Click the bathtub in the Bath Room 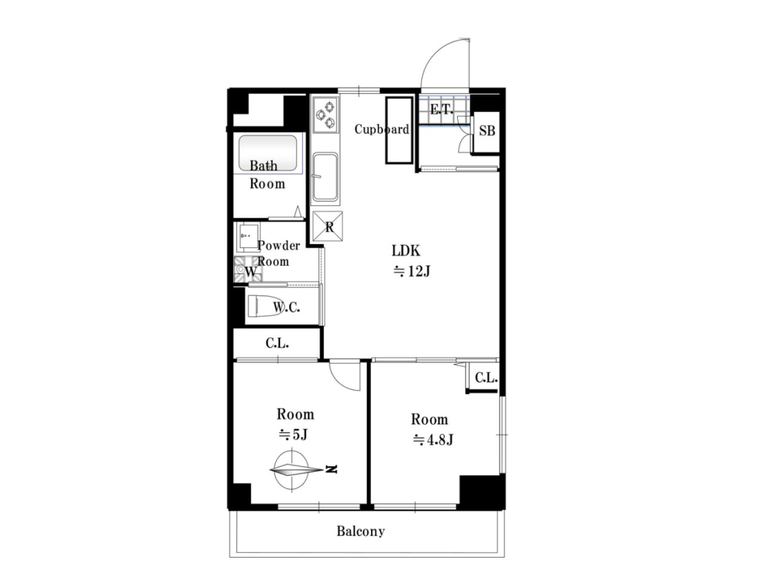[x=268, y=153]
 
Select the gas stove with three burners [x=325, y=114]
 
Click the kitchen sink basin [x=325, y=177]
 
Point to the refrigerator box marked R [x=327, y=226]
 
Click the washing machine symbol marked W [x=248, y=270]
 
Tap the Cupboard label [x=382, y=129]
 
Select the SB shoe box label [x=487, y=131]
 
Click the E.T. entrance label [x=442, y=109]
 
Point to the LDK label [x=406, y=251]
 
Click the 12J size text [x=412, y=271]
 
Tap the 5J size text [x=293, y=435]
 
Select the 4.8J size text [x=433, y=439]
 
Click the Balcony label [x=360, y=532]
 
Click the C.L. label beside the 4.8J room [x=486, y=379]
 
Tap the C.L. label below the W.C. [x=277, y=343]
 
